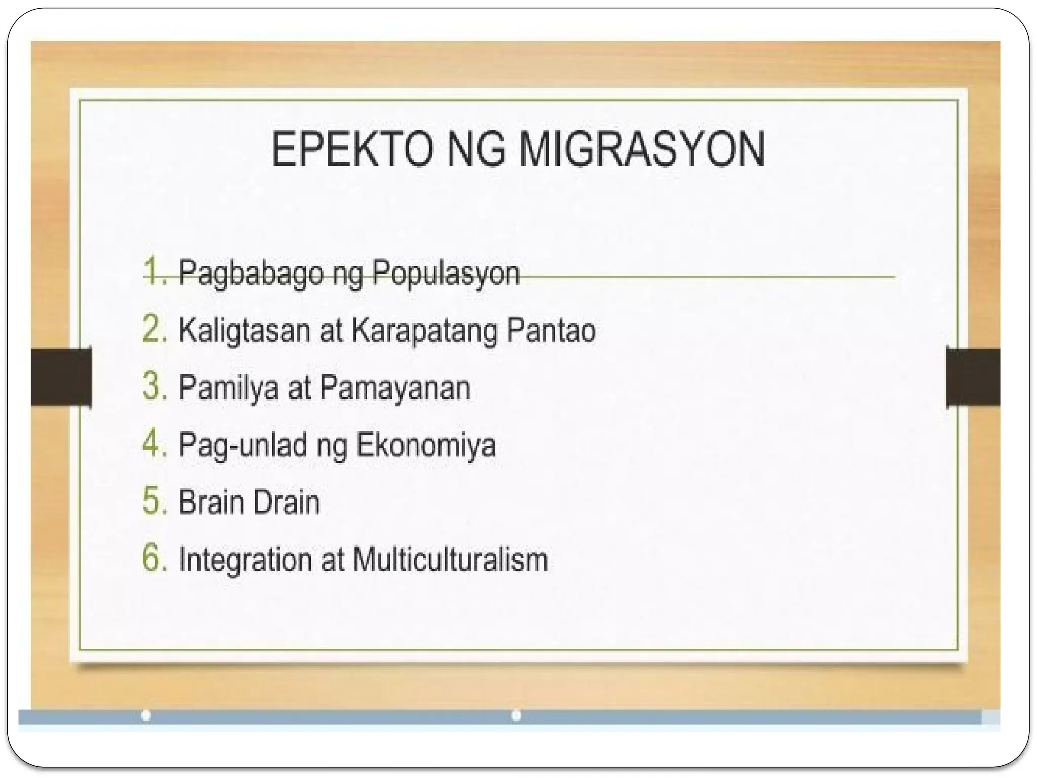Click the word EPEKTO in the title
352,150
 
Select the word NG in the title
476,150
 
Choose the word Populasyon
446,274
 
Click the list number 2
154,329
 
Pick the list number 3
154,386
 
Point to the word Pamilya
228,388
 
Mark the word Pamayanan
395,388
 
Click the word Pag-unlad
243,446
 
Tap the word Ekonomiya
425,445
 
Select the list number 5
154,501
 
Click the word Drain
286,502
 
